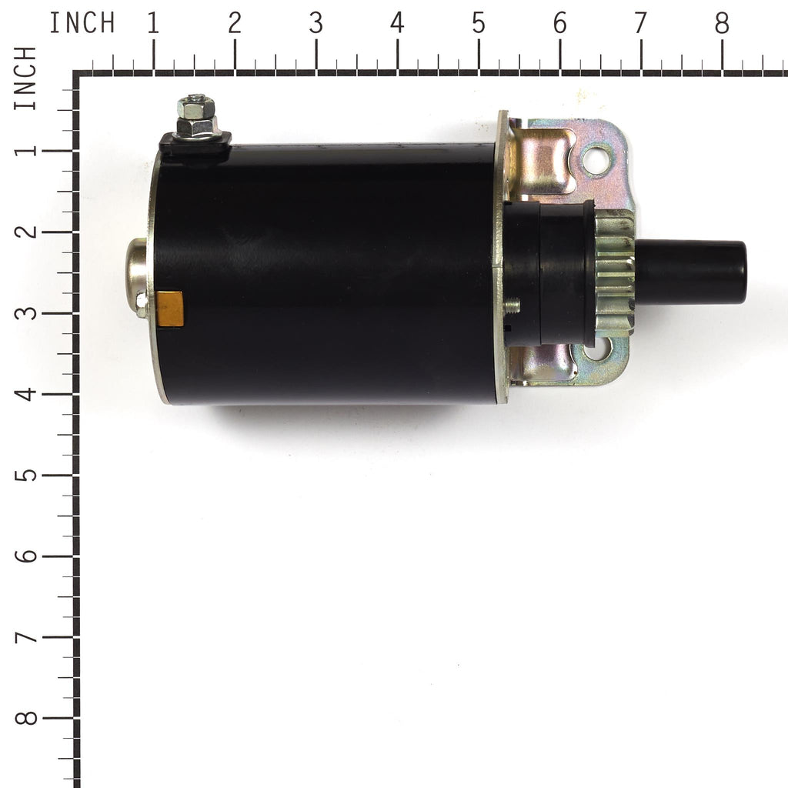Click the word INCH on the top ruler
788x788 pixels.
[x=82, y=22]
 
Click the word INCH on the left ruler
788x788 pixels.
[x=25, y=78]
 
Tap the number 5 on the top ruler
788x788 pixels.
[x=479, y=23]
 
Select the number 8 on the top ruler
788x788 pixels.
[x=722, y=23]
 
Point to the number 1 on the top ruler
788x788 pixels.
[x=153, y=23]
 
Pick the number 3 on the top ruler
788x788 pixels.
[x=316, y=23]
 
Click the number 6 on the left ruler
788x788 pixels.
[x=25, y=556]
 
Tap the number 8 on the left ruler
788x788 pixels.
[x=25, y=718]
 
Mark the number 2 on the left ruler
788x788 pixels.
[x=25, y=231]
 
